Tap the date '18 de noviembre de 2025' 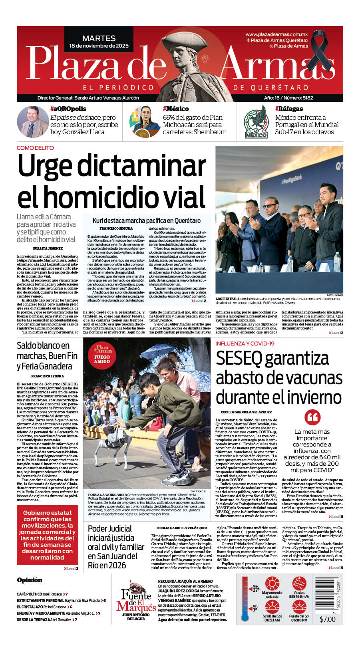(x=99, y=46)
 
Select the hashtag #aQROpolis (x=68, y=109)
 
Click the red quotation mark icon (x=312, y=417)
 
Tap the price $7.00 (x=328, y=619)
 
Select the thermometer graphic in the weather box (x=245, y=599)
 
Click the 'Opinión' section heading (x=30, y=580)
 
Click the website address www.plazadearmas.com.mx (x=276, y=35)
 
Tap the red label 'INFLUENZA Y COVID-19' (x=245, y=343)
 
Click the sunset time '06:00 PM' (x=299, y=620)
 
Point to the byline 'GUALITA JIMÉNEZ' (x=48, y=248)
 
